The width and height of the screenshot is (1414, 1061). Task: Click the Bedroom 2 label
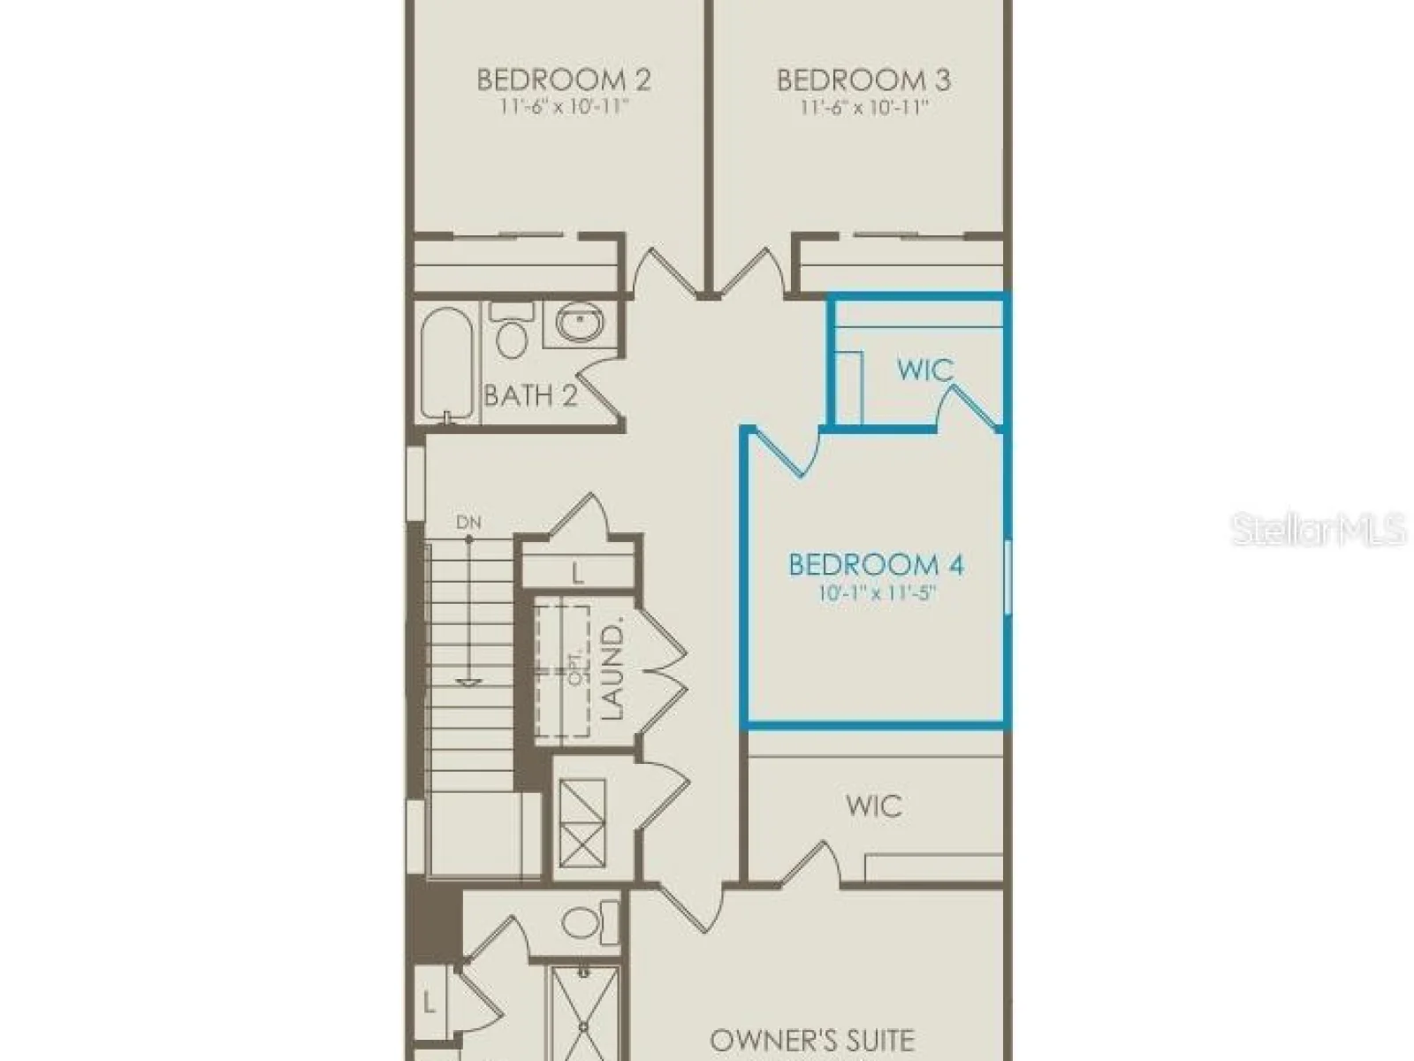pyautogui.click(x=564, y=80)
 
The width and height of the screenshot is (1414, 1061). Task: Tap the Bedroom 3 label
pyautogui.click(x=863, y=80)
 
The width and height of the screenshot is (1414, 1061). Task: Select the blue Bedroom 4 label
pyautogui.click(x=876, y=565)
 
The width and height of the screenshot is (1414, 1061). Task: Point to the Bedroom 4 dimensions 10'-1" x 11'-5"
pyautogui.click(x=878, y=592)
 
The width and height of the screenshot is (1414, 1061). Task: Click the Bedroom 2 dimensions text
pyautogui.click(x=564, y=106)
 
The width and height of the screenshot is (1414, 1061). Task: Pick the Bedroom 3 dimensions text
pyautogui.click(x=863, y=106)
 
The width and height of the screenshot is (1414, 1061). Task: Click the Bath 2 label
pyautogui.click(x=530, y=395)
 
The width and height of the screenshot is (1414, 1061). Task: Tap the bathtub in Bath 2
pyautogui.click(x=447, y=364)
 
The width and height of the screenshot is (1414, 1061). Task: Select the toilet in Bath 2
pyautogui.click(x=512, y=330)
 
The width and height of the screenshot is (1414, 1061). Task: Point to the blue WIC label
pyautogui.click(x=925, y=370)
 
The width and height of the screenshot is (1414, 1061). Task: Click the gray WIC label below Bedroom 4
pyautogui.click(x=873, y=805)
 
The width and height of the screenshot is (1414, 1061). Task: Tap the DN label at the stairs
pyautogui.click(x=468, y=523)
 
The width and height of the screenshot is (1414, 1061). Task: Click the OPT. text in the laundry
pyautogui.click(x=577, y=665)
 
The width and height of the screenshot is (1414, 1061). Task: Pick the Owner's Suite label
pyautogui.click(x=811, y=1040)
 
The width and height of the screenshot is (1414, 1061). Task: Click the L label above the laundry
pyautogui.click(x=577, y=573)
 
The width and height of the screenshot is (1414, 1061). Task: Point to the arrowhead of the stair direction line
pyautogui.click(x=468, y=681)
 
